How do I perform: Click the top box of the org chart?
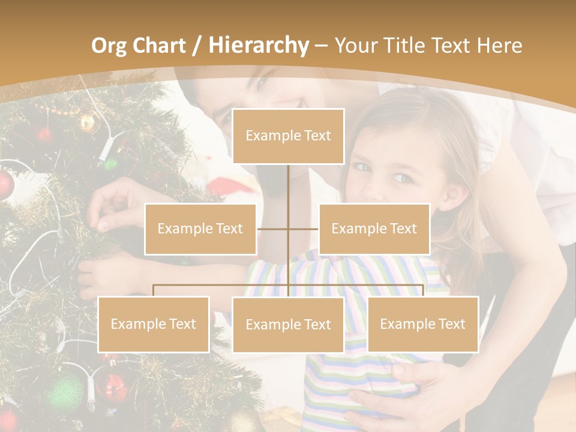click(288, 136)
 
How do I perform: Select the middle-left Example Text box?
click(200, 229)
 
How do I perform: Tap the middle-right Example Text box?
click(374, 229)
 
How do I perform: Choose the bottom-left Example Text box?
click(154, 324)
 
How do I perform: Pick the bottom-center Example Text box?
click(288, 325)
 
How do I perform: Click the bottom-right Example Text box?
click(423, 324)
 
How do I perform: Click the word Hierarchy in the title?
click(259, 46)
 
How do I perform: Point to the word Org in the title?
click(109, 46)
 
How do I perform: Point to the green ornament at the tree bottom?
click(64, 393)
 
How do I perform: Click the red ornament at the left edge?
click(5, 184)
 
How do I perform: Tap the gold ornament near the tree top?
click(88, 123)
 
